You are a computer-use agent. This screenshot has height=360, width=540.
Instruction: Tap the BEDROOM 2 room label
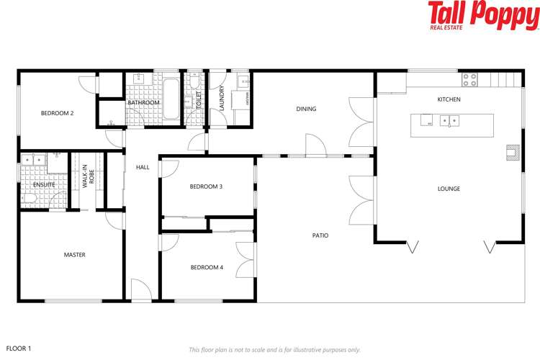point(57,113)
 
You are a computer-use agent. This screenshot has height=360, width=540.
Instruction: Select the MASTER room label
point(74,255)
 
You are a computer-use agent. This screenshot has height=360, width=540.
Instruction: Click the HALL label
point(143,167)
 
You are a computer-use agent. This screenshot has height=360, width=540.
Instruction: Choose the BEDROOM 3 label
point(206,186)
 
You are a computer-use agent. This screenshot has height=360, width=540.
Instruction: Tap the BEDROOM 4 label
point(207,268)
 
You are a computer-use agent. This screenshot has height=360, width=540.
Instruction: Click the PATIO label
point(320,235)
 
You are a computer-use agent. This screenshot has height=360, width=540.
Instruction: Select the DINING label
point(306,109)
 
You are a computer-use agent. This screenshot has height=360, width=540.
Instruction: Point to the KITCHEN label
point(449,99)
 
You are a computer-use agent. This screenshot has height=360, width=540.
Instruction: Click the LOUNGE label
point(449,189)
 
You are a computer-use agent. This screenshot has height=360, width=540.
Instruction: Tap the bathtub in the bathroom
point(171,99)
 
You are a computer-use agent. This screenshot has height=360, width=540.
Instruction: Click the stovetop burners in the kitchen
point(470,78)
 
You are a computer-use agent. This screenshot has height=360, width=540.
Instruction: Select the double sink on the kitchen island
point(450,121)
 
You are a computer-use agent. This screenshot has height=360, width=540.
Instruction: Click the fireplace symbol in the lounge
point(512,152)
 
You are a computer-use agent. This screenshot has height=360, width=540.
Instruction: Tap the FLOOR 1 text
point(19,348)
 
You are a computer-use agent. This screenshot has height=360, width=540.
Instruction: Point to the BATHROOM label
point(143,103)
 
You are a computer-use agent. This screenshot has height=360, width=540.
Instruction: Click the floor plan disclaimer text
point(274,349)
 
